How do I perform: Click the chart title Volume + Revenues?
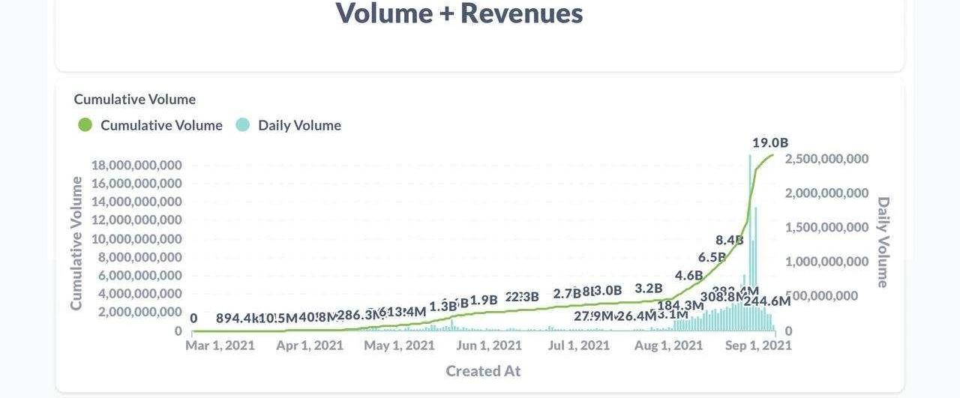click(x=459, y=13)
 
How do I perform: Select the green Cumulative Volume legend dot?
click(x=85, y=125)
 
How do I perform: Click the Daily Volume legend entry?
click(x=298, y=125)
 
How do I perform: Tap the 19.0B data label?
click(x=770, y=142)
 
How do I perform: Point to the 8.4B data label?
click(x=729, y=240)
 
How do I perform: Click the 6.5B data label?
click(x=712, y=257)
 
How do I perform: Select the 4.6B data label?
click(x=688, y=275)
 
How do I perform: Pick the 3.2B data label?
click(x=648, y=288)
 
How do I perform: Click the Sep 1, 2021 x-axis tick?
click(x=757, y=346)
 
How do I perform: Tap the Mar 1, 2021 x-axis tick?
click(x=220, y=346)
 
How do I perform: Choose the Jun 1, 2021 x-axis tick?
click(x=489, y=346)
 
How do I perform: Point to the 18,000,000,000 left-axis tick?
click(x=136, y=165)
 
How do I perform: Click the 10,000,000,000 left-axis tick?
click(x=136, y=238)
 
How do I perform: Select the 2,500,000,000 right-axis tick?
click(x=826, y=159)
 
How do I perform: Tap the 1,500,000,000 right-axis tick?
click(x=826, y=227)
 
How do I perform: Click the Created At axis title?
click(x=483, y=371)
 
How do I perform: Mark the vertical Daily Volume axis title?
click(x=883, y=242)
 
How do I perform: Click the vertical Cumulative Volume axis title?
click(x=76, y=243)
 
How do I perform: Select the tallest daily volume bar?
click(x=750, y=240)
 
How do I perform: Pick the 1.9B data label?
click(x=483, y=300)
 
